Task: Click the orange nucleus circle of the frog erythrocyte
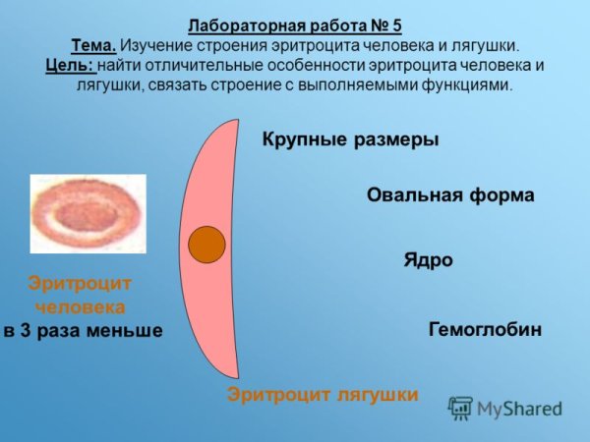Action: click(207, 244)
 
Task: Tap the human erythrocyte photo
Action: click(88, 214)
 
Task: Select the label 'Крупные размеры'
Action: click(349, 139)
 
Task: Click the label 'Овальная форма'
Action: click(449, 194)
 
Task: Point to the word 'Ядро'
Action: click(428, 260)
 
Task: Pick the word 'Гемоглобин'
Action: click(485, 329)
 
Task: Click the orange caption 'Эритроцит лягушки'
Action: click(323, 394)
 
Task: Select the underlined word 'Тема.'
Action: click(94, 46)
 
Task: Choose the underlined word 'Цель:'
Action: click(69, 66)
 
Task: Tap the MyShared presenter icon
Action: click(460, 408)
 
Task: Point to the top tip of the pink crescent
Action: click(237, 121)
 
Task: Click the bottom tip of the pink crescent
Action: click(236, 376)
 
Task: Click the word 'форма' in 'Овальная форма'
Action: click(504, 194)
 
